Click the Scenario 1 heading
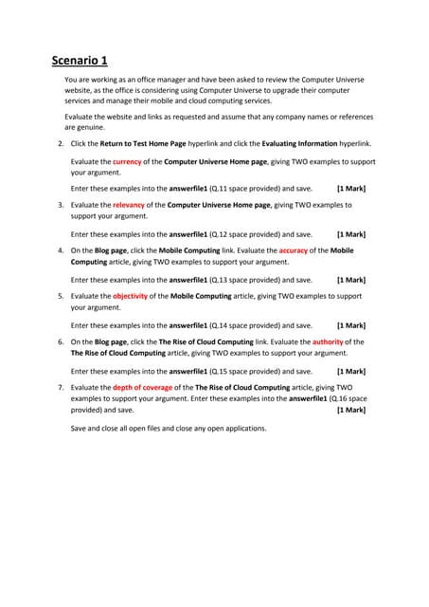coord(84,63)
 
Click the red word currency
coord(127,162)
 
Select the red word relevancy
coord(129,204)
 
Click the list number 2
coord(61,143)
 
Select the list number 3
coord(61,204)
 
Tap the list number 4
coord(61,250)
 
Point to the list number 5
coord(61,296)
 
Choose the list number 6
coord(61,341)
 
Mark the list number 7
coord(61,388)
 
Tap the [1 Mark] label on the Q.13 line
coord(351,280)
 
